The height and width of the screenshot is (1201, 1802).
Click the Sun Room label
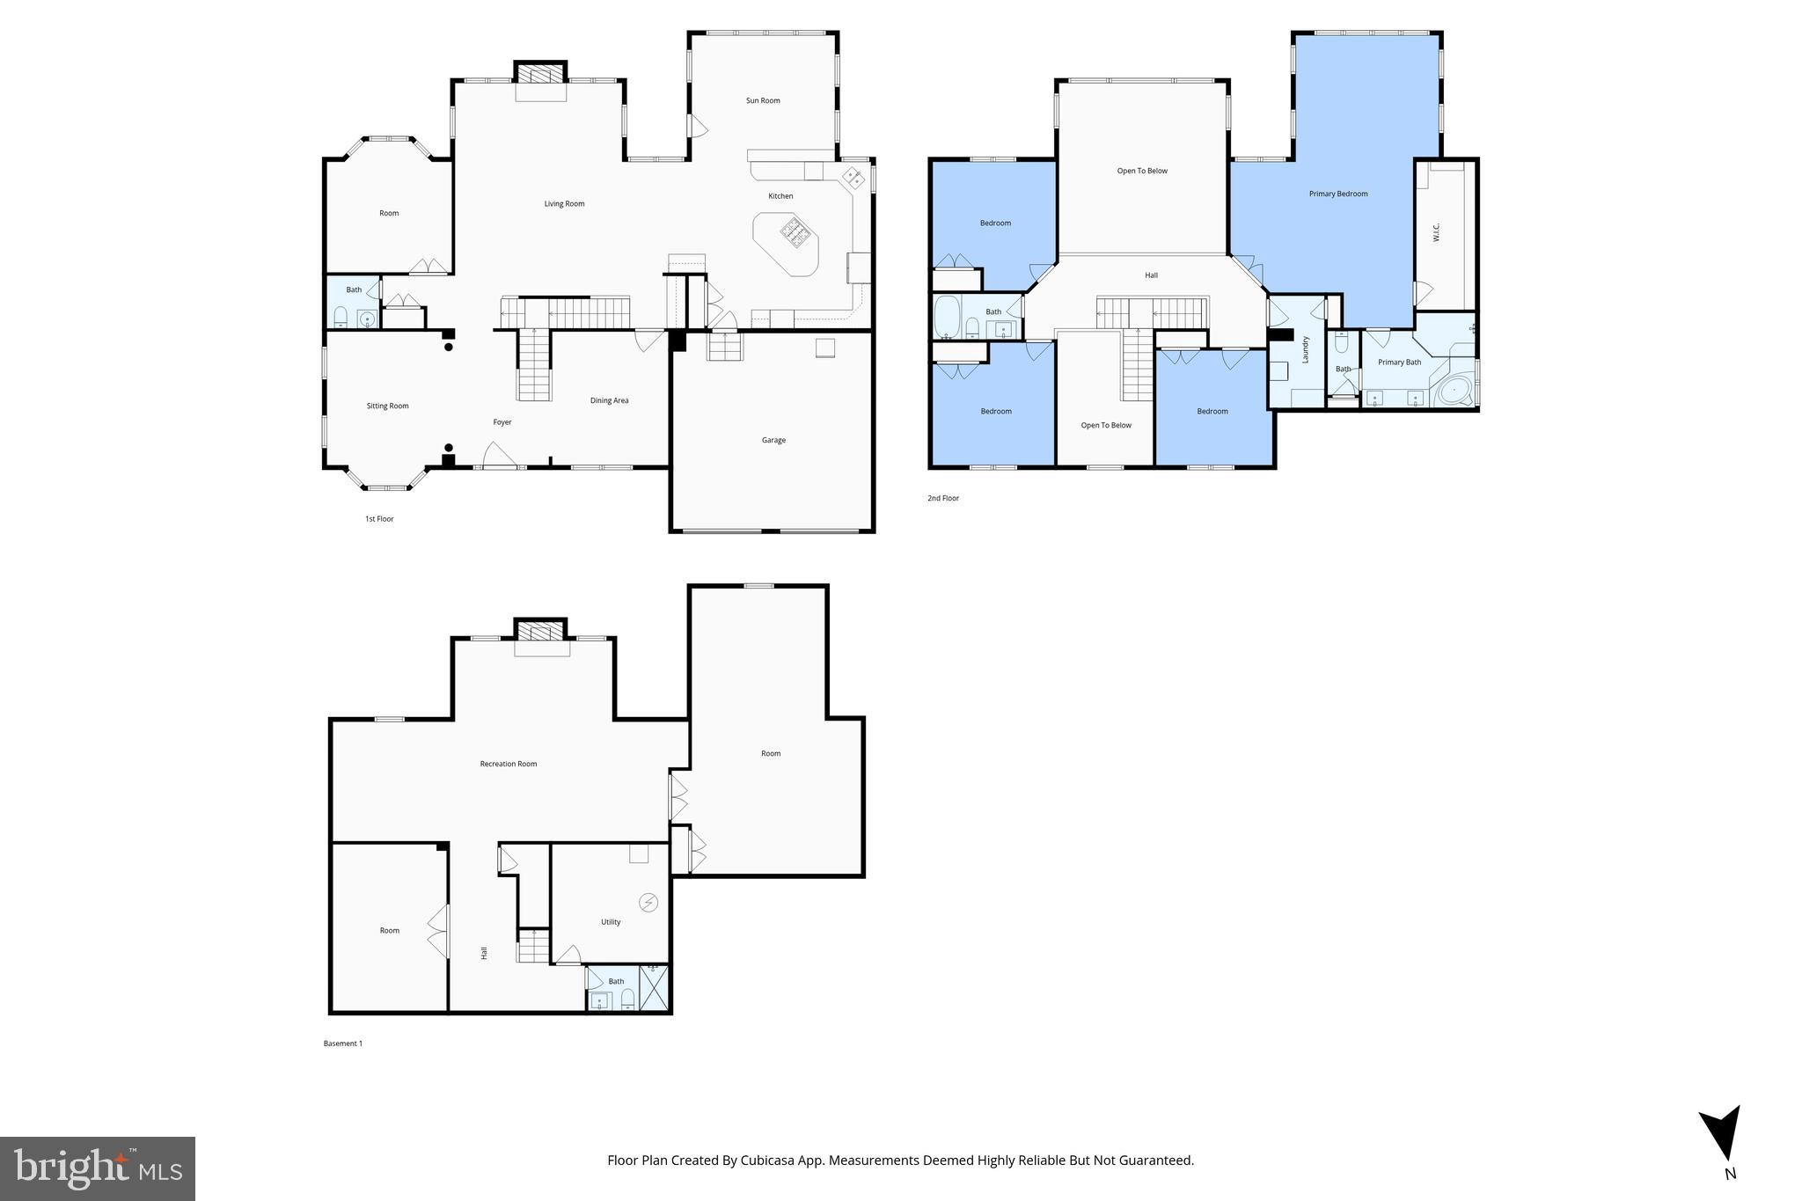pyautogui.click(x=763, y=100)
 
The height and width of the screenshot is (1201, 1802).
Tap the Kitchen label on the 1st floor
pyautogui.click(x=780, y=196)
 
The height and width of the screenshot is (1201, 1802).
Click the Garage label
pyautogui.click(x=773, y=440)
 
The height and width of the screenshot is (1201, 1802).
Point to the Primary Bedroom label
pyautogui.click(x=1337, y=194)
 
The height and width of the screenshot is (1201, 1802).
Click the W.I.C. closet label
pyautogui.click(x=1435, y=232)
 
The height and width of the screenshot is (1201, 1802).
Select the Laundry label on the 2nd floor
pyautogui.click(x=1306, y=350)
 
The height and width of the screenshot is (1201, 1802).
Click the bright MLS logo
pyautogui.click(x=97, y=1168)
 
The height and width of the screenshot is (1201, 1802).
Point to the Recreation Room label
pyautogui.click(x=508, y=764)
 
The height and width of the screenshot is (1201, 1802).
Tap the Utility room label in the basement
pyautogui.click(x=611, y=922)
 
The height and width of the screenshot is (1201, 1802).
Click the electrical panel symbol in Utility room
pyautogui.click(x=648, y=903)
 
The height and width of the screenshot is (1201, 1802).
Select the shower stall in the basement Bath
pyautogui.click(x=654, y=989)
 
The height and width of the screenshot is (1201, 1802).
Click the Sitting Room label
pyautogui.click(x=387, y=406)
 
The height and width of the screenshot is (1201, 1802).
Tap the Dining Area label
pyautogui.click(x=609, y=400)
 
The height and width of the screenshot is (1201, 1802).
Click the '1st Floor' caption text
pyautogui.click(x=379, y=519)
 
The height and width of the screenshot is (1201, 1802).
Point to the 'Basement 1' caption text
pyautogui.click(x=342, y=1044)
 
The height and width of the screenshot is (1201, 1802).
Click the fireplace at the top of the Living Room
pyautogui.click(x=540, y=73)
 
